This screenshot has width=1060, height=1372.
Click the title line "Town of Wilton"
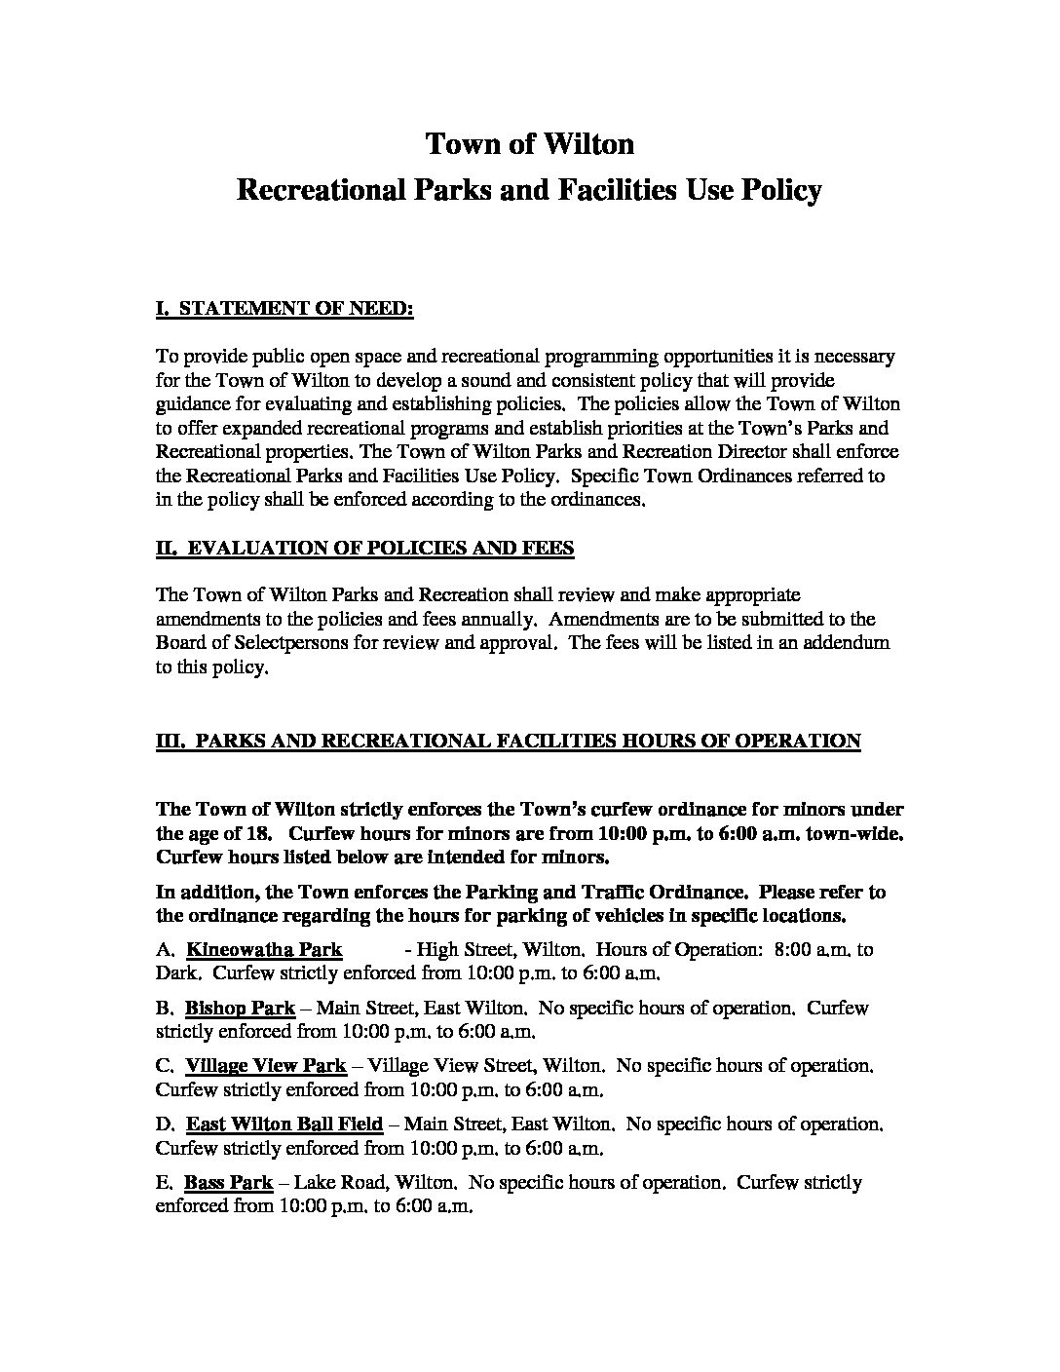(x=530, y=144)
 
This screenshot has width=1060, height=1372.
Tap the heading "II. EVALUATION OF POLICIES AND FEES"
(x=365, y=548)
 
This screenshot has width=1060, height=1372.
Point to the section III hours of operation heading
(x=509, y=742)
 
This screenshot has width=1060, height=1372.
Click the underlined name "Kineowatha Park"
(x=264, y=949)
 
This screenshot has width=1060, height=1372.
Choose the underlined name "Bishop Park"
(x=240, y=1008)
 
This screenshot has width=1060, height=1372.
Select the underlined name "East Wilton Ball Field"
(x=284, y=1124)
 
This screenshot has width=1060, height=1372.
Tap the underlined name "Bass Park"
(x=229, y=1183)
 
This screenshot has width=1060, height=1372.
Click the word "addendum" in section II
(x=847, y=643)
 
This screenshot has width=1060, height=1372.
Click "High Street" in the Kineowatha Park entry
(x=464, y=949)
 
